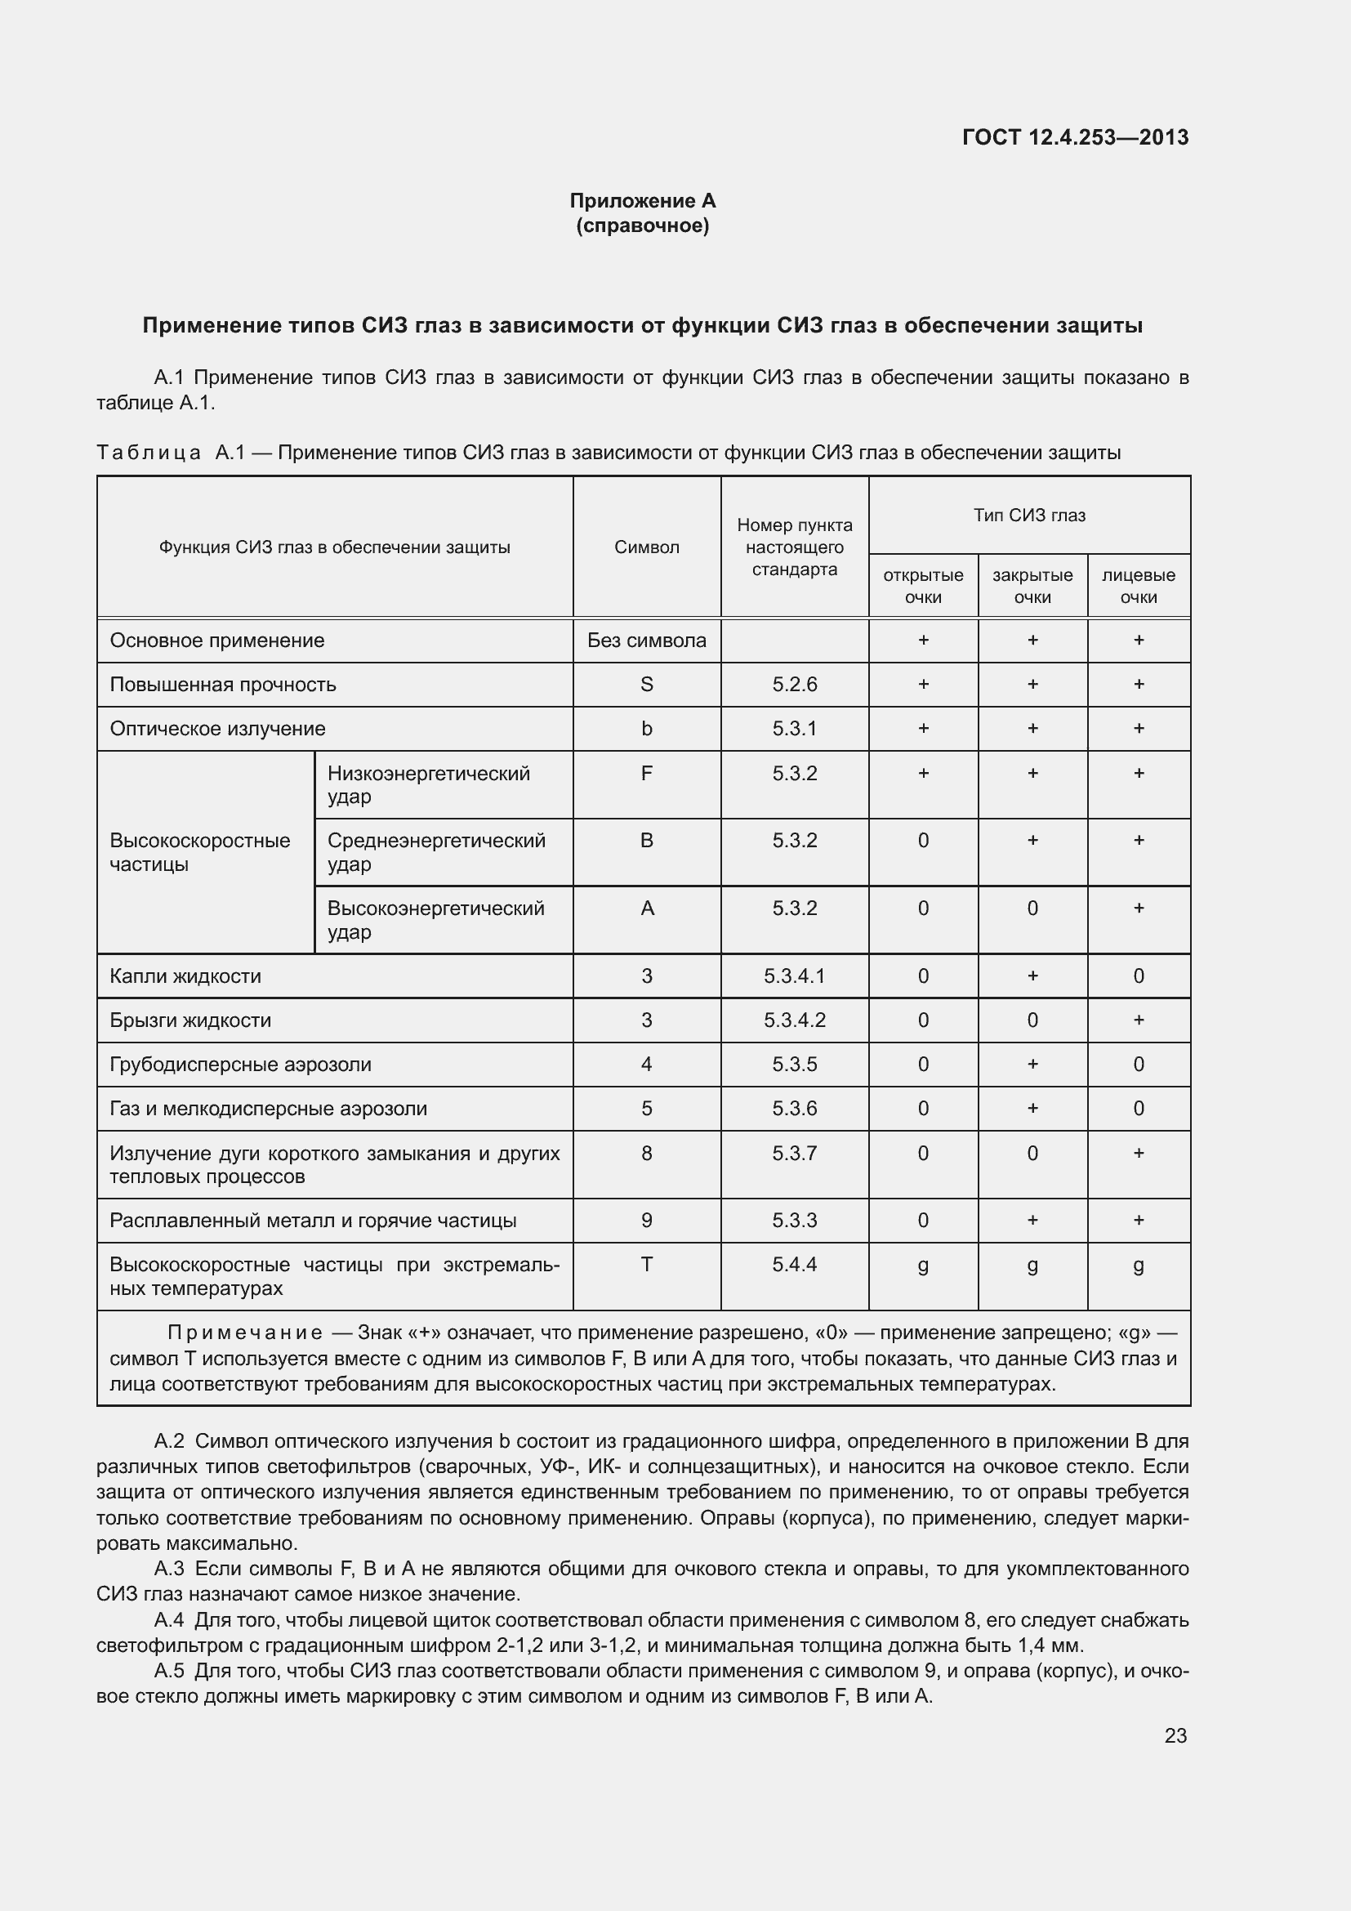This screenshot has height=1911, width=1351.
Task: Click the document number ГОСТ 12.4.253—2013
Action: coord(1075,137)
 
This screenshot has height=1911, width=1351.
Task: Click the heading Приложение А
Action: coord(642,201)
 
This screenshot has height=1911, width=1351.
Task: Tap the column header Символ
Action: coord(646,547)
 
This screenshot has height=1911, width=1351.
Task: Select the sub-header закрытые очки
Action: coord(1032,586)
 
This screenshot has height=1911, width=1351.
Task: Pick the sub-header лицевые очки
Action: coord(1138,586)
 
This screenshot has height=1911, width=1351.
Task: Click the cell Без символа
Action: coord(646,640)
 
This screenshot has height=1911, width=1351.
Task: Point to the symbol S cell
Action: coord(646,684)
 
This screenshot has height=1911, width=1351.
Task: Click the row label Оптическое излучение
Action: coord(218,728)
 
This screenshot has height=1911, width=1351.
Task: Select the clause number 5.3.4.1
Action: coord(795,976)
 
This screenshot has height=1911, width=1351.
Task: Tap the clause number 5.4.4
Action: coord(795,1264)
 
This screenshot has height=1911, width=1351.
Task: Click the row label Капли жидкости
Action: coord(185,976)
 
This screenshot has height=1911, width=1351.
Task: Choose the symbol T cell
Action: coord(646,1264)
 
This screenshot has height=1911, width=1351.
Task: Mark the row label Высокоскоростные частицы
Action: coord(199,852)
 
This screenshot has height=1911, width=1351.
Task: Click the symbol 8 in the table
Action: coord(646,1153)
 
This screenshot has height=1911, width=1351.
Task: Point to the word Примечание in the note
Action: coord(244,1333)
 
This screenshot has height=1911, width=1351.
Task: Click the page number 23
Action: coord(1175,1735)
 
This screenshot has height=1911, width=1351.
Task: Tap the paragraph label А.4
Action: coord(170,1620)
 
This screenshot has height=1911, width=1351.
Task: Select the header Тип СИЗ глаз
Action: coord(1029,516)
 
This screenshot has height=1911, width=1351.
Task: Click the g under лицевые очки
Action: coord(1138,1266)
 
